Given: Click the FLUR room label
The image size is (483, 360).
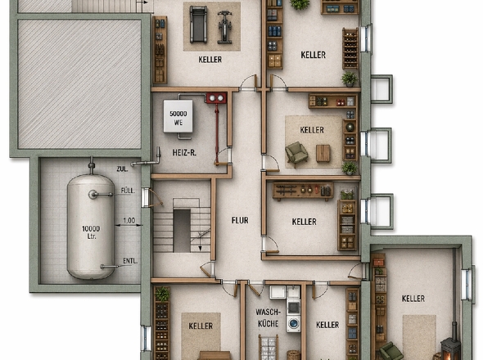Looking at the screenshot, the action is coord(240,220).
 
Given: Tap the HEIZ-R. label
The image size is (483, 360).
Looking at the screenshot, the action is coord(184,152).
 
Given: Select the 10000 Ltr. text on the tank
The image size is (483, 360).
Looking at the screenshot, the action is coord(91,232).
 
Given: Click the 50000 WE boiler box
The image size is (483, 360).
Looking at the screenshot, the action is coord(178,116).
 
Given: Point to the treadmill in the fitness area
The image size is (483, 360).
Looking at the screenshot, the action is coord(198,25).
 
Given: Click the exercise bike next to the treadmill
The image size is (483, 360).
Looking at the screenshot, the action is coord(224,27).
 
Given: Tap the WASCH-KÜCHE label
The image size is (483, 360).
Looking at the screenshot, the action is coord(269,317).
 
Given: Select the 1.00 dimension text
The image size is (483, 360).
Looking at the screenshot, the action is coord(129,220).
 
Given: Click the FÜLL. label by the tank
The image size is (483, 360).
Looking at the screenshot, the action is coord(128,191).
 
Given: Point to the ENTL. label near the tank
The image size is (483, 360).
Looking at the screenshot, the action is coord(130,261).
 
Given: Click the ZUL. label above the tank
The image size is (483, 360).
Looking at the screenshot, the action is coord(122,169).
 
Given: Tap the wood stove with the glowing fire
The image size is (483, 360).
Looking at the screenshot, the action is coord(450,349).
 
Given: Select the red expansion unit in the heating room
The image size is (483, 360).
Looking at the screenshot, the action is coord(217,98).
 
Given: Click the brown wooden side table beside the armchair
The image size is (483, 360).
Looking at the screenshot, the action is coord(323,153).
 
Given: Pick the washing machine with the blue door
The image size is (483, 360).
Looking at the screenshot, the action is coord(294,323).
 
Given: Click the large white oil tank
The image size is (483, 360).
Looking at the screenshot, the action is coord(91,227).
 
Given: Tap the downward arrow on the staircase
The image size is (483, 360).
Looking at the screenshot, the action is coord(200,241).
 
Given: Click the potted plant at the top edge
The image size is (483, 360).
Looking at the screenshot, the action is coord(300,4).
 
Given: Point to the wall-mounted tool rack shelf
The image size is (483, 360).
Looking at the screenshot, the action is coord(303,191).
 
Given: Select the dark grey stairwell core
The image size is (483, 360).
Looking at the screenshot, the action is coord(182,231).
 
